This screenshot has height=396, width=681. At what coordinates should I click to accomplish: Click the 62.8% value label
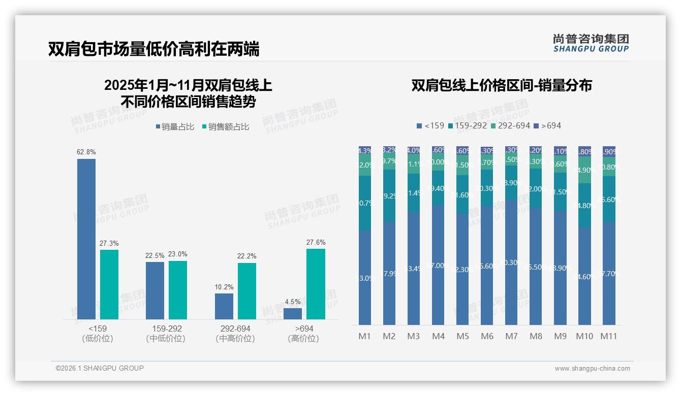pos(86,152)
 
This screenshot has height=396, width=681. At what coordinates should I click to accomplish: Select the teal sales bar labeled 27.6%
pos(316,284)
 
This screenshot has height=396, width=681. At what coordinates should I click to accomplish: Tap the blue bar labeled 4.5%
pos(293,314)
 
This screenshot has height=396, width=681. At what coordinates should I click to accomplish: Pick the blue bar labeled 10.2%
pos(224,306)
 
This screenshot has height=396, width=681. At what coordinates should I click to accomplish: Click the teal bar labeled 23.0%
pos(178,290)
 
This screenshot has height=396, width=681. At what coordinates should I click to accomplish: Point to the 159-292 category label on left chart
pos(166,329)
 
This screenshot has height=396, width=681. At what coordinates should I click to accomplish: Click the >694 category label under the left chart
pos(303,329)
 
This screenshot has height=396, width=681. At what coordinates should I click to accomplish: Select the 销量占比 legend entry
pos(174,127)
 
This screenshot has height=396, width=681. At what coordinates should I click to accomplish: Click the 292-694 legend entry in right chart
pos(510,125)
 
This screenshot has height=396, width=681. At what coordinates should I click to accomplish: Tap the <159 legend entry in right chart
pos(430,125)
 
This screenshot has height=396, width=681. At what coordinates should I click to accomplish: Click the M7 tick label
pos(511,336)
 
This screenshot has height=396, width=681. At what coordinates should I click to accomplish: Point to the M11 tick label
pos(608,336)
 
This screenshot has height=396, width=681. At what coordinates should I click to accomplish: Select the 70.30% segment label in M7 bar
pos(511,262)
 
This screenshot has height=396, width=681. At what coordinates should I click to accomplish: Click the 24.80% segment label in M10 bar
pos(584,206)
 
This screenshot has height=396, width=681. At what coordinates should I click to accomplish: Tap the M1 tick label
pos(365,336)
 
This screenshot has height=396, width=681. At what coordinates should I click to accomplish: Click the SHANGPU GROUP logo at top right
pos(591,43)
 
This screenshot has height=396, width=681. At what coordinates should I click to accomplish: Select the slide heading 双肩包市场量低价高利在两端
pos(153,49)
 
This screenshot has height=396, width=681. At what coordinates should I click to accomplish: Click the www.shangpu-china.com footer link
pos(592,369)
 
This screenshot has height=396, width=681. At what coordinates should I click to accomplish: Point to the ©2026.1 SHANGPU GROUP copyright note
pos(100,368)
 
